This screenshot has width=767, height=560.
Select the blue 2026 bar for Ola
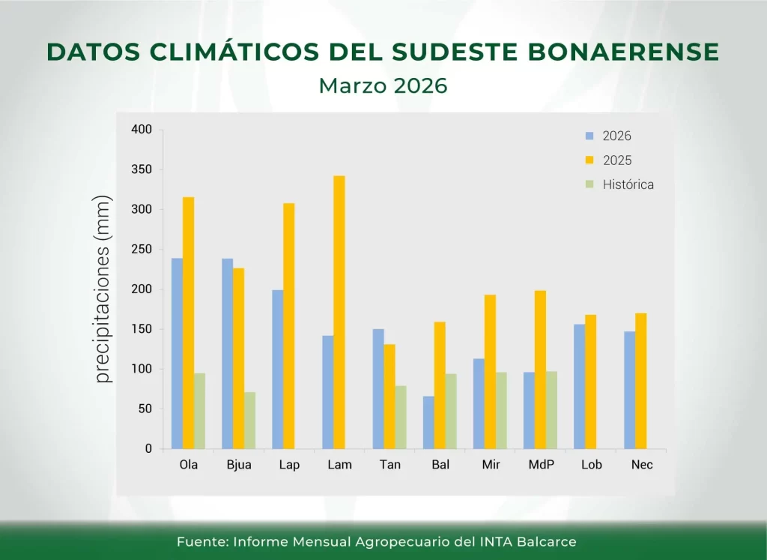click(177, 353)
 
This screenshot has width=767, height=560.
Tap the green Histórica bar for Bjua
click(249, 420)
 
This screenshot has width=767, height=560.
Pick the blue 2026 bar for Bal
click(428, 422)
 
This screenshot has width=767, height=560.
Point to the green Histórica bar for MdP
click(551, 410)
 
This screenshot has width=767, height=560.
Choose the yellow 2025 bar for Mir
click(490, 371)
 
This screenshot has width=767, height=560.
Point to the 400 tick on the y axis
click(142, 130)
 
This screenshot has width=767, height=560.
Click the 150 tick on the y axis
click(142, 329)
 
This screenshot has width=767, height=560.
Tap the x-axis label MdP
click(541, 465)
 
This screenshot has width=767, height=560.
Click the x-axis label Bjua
click(239, 465)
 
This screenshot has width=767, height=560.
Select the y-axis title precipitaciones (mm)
click(103, 289)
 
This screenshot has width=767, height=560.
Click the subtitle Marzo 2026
click(383, 85)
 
